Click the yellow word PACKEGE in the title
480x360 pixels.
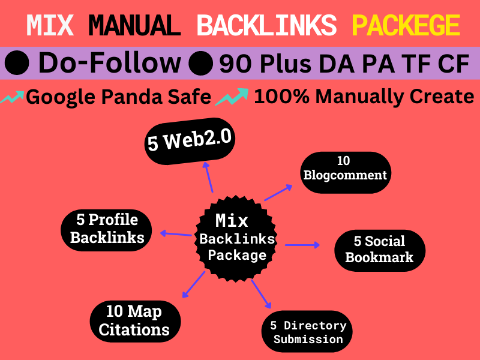(406, 25)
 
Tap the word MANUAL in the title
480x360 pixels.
(137, 25)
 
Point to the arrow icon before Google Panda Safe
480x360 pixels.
(12, 96)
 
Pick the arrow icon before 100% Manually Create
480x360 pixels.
(232, 96)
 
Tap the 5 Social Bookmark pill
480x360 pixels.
(379, 250)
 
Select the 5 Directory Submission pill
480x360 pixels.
(307, 332)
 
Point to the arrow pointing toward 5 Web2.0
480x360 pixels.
(208, 178)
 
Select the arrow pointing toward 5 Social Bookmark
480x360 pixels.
(303, 245)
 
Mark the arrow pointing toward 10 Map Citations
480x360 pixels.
(193, 284)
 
